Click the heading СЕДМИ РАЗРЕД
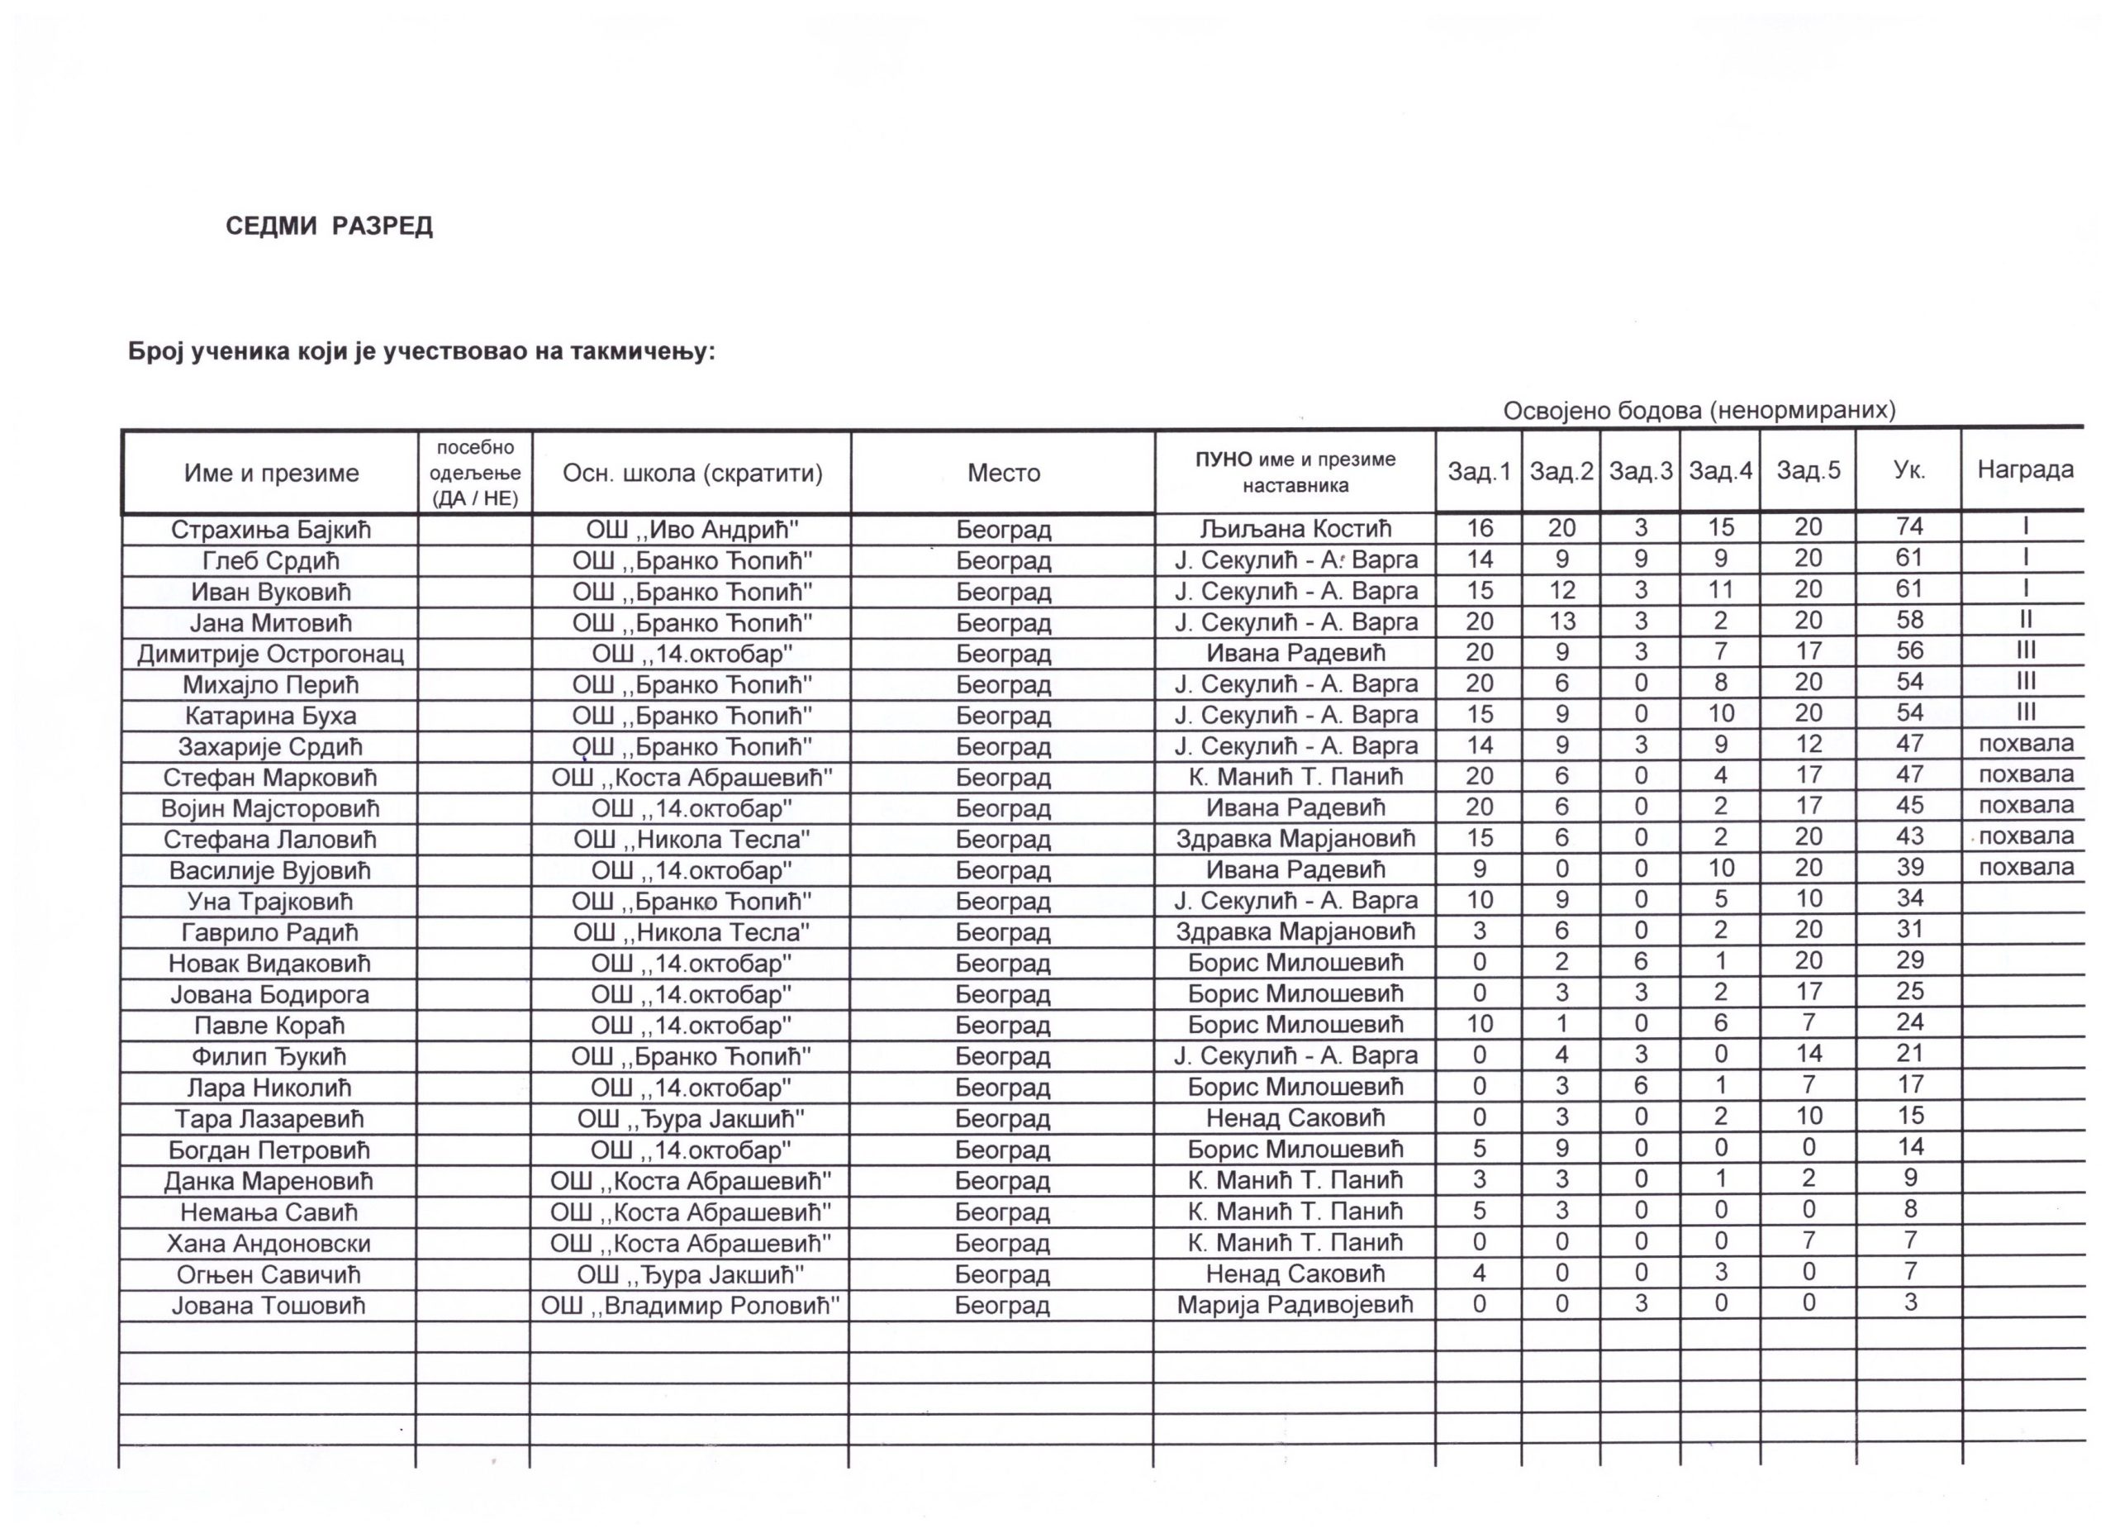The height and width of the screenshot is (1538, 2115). (x=329, y=226)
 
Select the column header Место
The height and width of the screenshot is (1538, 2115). (x=1004, y=473)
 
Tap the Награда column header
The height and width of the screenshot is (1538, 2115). (x=2025, y=469)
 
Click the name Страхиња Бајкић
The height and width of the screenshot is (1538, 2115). (x=270, y=530)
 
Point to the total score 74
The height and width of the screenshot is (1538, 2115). (x=1909, y=527)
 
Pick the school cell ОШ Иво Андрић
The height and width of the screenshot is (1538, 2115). (x=692, y=530)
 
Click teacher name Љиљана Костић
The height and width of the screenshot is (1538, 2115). (x=1295, y=529)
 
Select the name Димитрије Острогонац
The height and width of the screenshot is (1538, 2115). (x=270, y=654)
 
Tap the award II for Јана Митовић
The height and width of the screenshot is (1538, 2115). (x=2025, y=620)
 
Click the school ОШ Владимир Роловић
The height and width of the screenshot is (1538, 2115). (x=690, y=1306)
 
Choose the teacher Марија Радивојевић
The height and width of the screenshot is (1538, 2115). (x=1295, y=1305)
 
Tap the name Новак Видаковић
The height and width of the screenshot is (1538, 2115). (x=269, y=964)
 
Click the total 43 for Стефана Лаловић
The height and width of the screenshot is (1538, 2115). (x=1909, y=837)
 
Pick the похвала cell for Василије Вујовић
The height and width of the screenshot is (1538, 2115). (x=2026, y=868)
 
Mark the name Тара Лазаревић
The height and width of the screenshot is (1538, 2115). (x=269, y=1119)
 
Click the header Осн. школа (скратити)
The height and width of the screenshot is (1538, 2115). (x=692, y=473)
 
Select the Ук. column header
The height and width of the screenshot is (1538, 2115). (x=1909, y=471)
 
